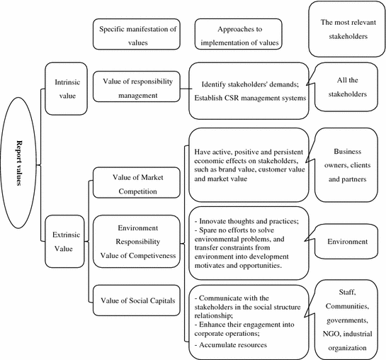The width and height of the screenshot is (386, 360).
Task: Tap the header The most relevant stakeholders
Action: coord(346,28)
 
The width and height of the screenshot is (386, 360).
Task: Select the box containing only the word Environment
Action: coord(346,242)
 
